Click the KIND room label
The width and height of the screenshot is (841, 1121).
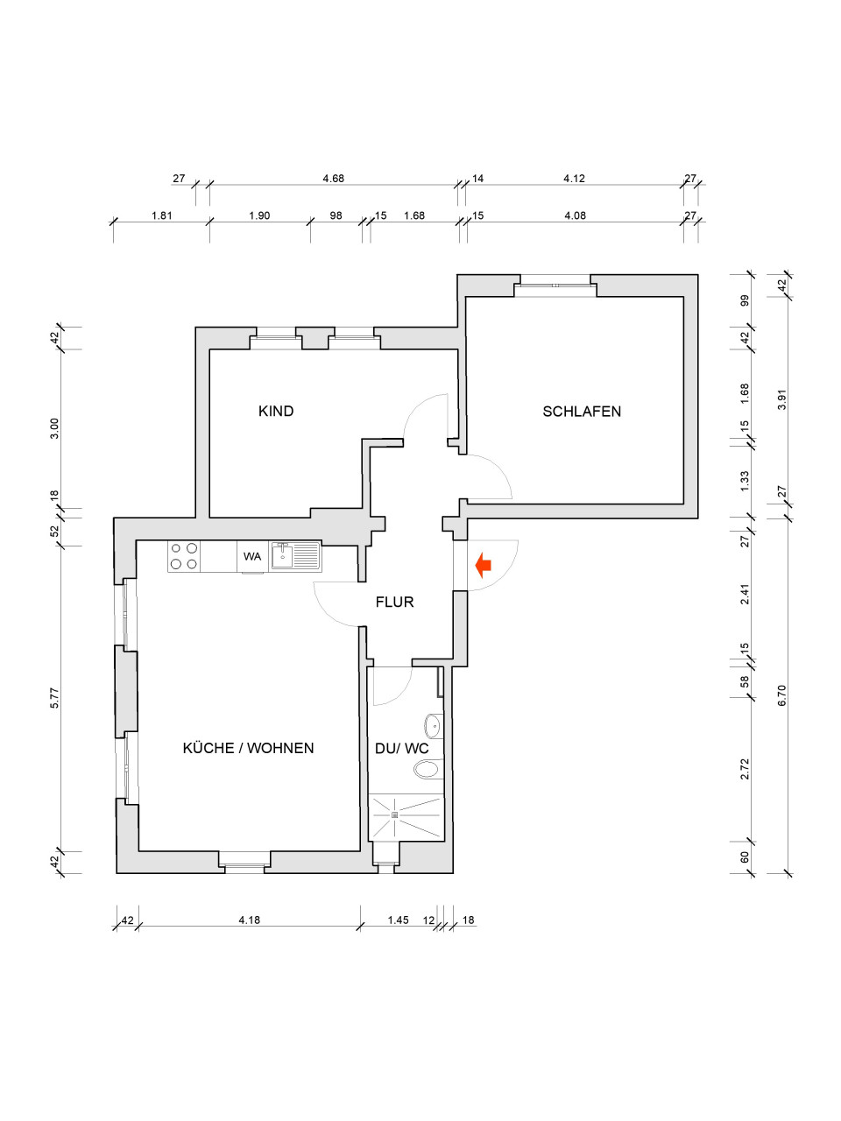click(276, 411)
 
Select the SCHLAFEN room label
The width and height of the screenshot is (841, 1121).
click(582, 411)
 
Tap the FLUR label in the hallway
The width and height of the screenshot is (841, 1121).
click(394, 602)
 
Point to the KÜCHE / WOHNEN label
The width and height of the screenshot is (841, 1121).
click(248, 747)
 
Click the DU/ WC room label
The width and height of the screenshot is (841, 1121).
click(401, 748)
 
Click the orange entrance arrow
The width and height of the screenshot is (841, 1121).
click(483, 566)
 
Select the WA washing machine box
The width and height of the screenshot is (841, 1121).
click(252, 556)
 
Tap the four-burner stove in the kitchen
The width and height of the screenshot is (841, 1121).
click(184, 556)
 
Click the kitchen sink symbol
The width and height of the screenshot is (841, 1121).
click(295, 555)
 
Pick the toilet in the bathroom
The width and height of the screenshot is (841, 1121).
click(427, 769)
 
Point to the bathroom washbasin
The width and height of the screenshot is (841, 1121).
click(433, 725)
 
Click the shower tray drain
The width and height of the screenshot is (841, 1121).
click(394, 815)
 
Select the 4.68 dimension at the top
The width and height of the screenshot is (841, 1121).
click(333, 178)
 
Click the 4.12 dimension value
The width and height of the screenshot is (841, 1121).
click(574, 178)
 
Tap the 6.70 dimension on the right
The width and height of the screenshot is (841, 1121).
click(782, 694)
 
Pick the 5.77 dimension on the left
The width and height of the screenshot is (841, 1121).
click(54, 697)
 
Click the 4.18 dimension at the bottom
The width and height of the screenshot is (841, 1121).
click(250, 920)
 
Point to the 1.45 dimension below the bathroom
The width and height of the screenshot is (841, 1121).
click(398, 920)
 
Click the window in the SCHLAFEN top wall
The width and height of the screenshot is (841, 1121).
click(552, 284)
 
